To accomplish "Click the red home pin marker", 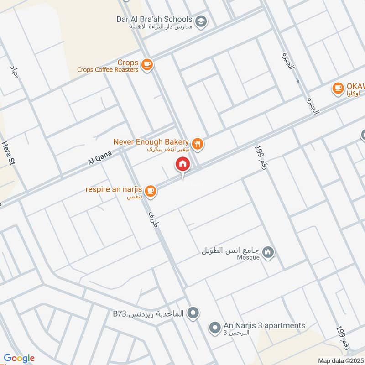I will click(x=182, y=164).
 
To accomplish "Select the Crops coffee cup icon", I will click(x=146, y=65).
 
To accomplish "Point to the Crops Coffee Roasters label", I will click(x=108, y=70).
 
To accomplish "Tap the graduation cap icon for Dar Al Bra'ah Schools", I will click(x=200, y=21).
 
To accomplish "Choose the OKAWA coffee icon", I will click(x=338, y=88).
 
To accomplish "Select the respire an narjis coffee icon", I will click(x=151, y=191).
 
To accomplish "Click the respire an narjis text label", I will click(x=114, y=189).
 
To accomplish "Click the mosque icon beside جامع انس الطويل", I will click(x=269, y=252).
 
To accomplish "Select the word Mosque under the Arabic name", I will click(x=248, y=257).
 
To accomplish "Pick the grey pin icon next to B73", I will click(x=193, y=313).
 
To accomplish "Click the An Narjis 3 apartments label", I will click(x=264, y=325).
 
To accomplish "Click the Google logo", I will click(x=19, y=358).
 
